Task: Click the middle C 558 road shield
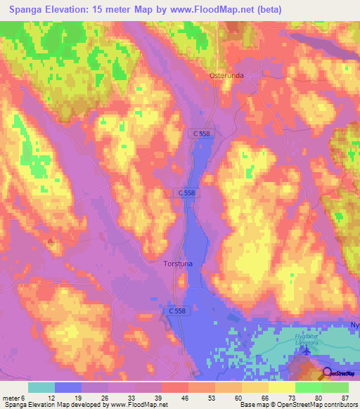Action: coord(184,193)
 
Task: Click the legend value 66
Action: coord(264,397)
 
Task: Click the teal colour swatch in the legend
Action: coord(41,387)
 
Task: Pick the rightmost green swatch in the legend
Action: coord(335,387)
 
